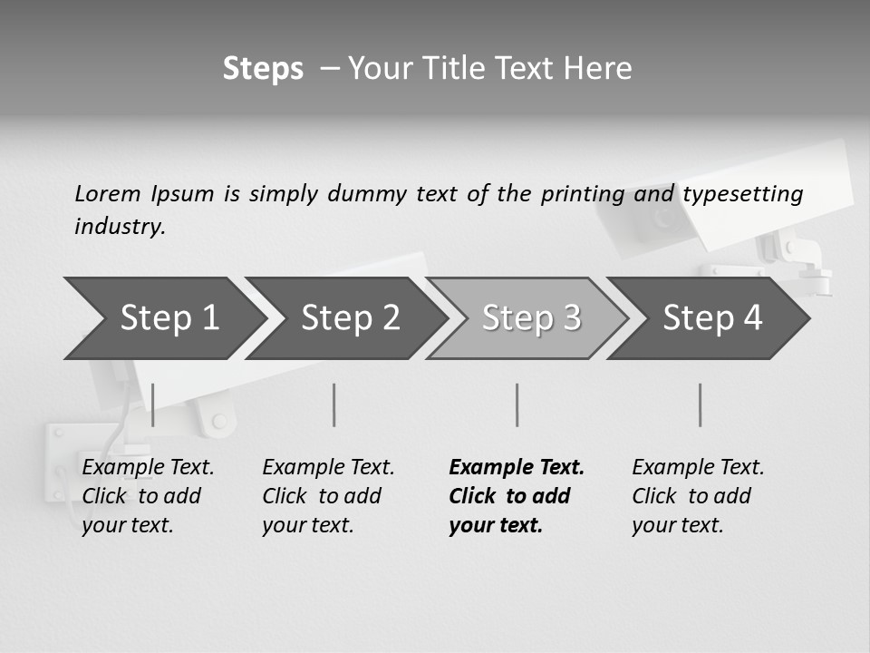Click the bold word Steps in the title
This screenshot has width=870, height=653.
(263, 69)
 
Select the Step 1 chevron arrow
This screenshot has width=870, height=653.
(163, 318)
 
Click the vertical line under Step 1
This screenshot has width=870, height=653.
(153, 404)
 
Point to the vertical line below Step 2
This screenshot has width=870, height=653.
(334, 404)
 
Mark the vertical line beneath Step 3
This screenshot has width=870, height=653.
(517, 404)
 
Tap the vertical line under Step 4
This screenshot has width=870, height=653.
(701, 404)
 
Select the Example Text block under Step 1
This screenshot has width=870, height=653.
(148, 496)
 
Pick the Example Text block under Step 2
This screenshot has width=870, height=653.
(328, 496)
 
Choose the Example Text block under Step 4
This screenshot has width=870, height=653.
(698, 496)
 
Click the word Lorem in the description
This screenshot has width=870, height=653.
(108, 194)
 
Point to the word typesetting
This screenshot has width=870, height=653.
(742, 194)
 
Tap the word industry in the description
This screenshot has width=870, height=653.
(119, 227)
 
